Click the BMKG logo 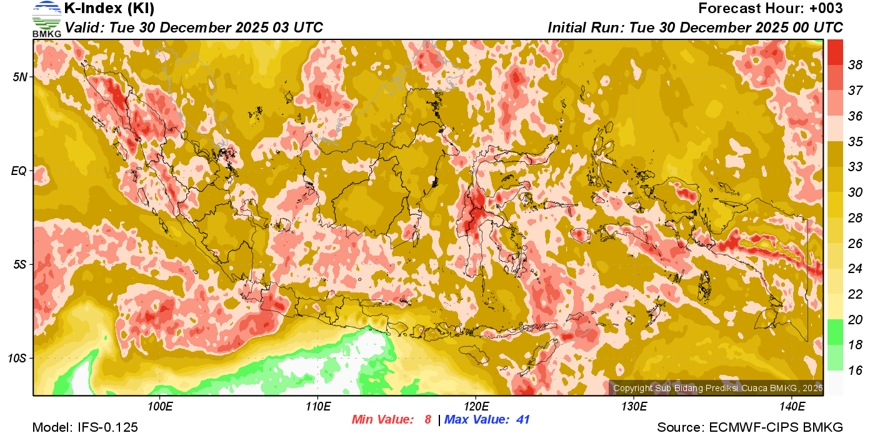(47, 19)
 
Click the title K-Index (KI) (109, 9)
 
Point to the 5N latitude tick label (21, 77)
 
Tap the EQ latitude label (20, 171)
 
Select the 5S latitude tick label (21, 264)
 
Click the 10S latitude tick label (18, 358)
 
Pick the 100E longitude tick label (160, 407)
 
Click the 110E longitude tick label (318, 407)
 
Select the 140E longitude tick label (792, 407)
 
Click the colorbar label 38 (855, 65)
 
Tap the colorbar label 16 (855, 371)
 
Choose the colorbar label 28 (855, 217)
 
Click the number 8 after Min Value (427, 420)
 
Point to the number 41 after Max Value (522, 420)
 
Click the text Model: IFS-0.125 (85, 427)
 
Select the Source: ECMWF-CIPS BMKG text (750, 427)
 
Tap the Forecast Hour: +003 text (771, 9)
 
